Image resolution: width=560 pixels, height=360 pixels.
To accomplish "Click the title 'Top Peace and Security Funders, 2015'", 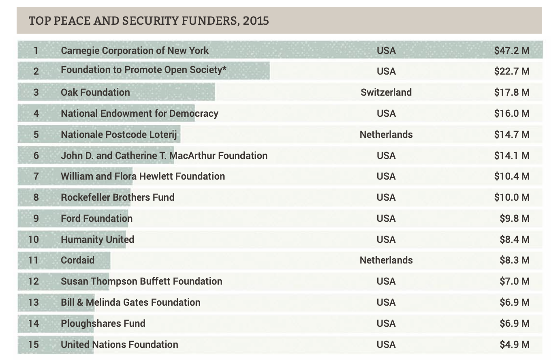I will (x=149, y=21).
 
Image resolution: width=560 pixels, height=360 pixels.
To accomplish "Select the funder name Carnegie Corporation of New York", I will (x=135, y=51).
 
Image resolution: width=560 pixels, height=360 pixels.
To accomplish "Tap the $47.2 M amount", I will (x=511, y=51).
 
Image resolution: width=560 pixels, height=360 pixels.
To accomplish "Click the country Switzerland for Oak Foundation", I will (x=386, y=92).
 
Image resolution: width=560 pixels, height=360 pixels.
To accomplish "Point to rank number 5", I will (x=36, y=135).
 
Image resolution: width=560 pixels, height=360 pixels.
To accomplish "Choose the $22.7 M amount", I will (x=511, y=71).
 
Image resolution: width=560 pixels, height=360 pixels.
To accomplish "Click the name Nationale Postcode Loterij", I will (x=119, y=135).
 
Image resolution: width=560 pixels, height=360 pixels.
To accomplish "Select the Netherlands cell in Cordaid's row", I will (x=386, y=260).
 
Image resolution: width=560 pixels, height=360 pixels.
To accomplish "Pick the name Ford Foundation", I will (x=96, y=219).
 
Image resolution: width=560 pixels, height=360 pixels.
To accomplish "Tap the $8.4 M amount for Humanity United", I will (x=514, y=240).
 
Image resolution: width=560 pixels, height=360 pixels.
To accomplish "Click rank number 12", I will (x=34, y=281).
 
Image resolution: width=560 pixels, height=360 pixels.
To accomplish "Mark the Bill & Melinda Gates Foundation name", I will (x=130, y=302).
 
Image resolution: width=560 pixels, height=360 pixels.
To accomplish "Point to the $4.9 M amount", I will (x=514, y=345).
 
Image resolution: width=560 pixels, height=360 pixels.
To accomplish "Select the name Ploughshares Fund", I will (x=103, y=324).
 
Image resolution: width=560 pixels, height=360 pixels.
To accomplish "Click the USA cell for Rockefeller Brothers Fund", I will (x=386, y=197).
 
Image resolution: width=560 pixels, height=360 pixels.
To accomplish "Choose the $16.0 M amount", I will (x=511, y=114).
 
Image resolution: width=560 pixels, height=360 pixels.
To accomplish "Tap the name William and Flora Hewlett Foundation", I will (x=143, y=176).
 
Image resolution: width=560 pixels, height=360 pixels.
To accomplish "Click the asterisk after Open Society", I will (x=224, y=68).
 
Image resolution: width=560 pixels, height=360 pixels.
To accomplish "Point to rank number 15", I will (x=34, y=345).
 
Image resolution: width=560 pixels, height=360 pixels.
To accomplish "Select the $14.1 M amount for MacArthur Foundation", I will (x=511, y=156).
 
